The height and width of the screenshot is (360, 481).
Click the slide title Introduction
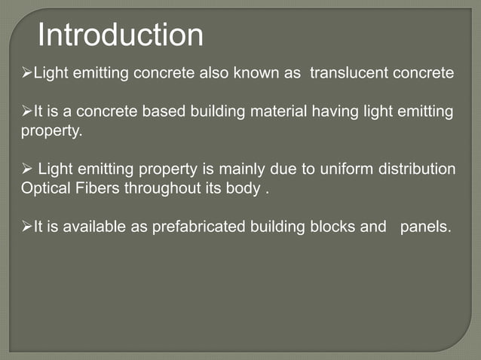tap(121, 35)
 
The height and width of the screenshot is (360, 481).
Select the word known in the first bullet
tap(253, 73)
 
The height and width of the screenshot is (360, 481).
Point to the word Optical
tap(45, 188)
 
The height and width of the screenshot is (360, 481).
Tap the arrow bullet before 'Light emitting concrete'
tap(26, 73)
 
